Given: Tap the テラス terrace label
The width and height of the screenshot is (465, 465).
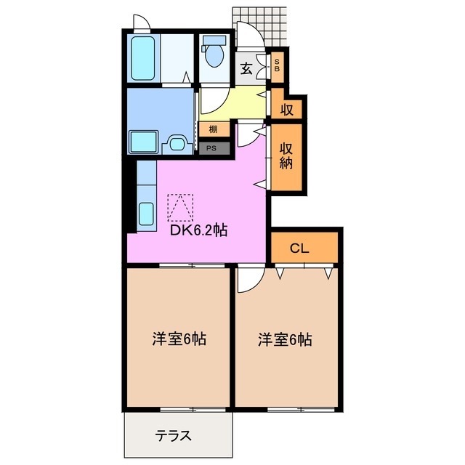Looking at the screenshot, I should coord(174,436).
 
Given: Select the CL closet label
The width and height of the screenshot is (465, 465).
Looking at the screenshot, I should coord(300,248).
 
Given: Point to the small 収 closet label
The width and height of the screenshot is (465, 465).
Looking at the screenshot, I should coord(287,110).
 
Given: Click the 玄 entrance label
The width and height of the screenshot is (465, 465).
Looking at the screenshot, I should coord(246,70).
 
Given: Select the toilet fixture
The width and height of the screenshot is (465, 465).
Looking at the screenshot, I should coord(215,52).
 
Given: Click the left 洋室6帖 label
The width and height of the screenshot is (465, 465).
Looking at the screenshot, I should coord(179,339).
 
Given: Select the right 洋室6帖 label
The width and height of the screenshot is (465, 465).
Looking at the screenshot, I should coord(286,339).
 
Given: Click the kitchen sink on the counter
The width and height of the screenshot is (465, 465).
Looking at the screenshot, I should coord(145,214).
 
